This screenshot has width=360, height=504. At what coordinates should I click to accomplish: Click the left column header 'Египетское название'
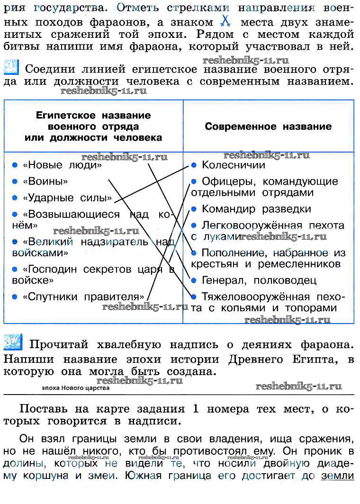(93, 116)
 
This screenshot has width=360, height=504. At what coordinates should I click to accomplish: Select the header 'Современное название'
(268, 126)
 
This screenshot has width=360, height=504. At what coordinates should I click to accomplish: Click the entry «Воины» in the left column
(45, 181)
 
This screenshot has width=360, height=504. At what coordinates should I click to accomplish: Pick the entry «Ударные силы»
(67, 198)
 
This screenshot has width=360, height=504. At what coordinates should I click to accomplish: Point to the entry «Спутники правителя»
(83, 297)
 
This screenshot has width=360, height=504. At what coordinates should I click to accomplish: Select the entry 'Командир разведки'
(256, 209)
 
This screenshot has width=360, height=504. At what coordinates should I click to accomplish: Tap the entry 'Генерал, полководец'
(259, 280)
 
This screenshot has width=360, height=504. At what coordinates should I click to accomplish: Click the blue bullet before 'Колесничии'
(193, 165)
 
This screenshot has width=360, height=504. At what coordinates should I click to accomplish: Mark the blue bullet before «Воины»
(15, 181)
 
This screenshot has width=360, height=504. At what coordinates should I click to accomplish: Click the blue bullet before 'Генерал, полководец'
(193, 280)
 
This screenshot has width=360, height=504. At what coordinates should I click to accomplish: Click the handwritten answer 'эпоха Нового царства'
(75, 388)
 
